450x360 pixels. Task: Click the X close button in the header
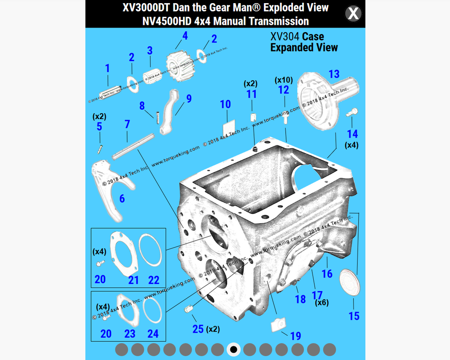[353, 14]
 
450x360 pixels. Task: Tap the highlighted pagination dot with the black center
[234, 349]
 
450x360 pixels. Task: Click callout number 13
[334, 74]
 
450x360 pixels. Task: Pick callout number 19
[295, 336]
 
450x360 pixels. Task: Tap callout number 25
[198, 328]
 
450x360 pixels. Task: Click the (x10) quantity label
[283, 80]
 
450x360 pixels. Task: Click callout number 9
[188, 98]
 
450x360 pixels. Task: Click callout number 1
[107, 68]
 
